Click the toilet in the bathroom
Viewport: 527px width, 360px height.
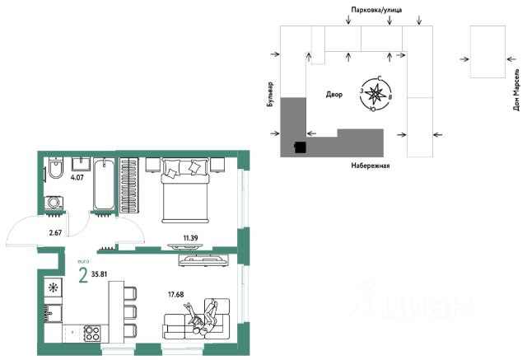click(55, 167)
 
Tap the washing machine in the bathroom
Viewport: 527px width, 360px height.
click(54, 203)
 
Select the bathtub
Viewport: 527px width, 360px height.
click(104, 185)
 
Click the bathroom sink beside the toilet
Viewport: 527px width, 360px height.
click(81, 165)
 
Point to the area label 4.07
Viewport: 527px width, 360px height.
click(77, 177)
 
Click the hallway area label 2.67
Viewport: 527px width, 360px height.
click(55, 232)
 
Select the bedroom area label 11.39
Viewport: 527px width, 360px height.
click(190, 238)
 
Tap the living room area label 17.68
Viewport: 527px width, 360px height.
click(175, 294)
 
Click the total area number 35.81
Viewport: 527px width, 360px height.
click(99, 274)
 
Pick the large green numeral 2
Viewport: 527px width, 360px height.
click(83, 275)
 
